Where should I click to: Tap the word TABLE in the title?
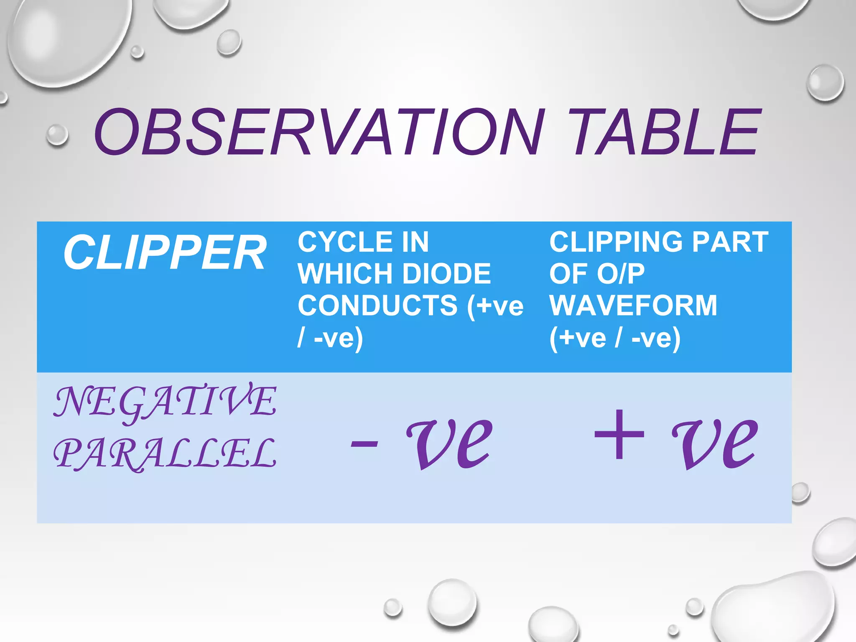pos(665,132)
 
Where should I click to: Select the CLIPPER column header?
pos(165,253)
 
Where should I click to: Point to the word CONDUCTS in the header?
pos(378,306)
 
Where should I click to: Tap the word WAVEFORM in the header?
pos(633,306)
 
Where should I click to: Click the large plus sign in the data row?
pos(619,435)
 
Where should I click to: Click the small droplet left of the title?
pos(57,135)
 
